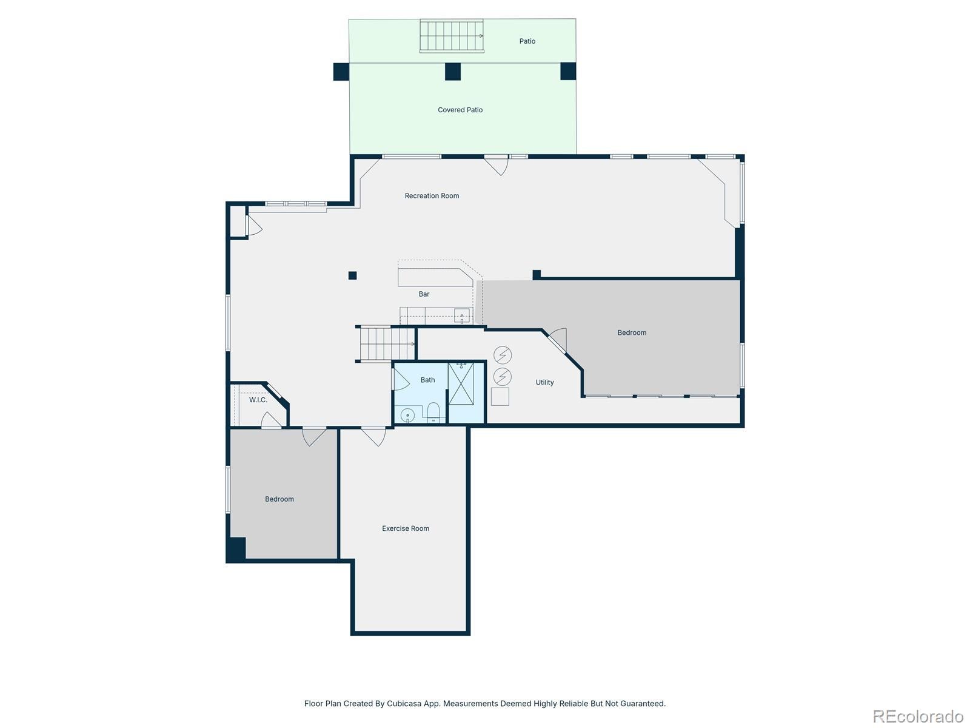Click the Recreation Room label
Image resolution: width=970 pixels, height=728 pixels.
pyautogui.click(x=431, y=195)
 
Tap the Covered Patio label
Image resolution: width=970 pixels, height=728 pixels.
pyautogui.click(x=460, y=110)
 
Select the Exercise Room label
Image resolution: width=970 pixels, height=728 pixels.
pyautogui.click(x=405, y=528)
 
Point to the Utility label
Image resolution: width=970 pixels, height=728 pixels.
pyautogui.click(x=544, y=382)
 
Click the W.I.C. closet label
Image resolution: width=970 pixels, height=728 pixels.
pyautogui.click(x=258, y=400)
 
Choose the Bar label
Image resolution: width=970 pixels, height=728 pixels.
pyautogui.click(x=424, y=294)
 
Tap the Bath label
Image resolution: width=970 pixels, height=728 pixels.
pyautogui.click(x=427, y=380)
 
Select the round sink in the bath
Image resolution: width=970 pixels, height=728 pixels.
pyautogui.click(x=407, y=415)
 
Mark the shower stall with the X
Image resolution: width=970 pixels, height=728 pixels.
pyautogui.click(x=461, y=383)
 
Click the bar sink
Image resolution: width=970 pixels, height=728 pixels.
pyautogui.click(x=462, y=316)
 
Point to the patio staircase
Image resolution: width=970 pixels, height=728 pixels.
pyautogui.click(x=451, y=36)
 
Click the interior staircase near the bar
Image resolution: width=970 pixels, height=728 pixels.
pyautogui.click(x=387, y=344)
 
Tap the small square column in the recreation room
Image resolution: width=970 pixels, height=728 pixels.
pyautogui.click(x=352, y=275)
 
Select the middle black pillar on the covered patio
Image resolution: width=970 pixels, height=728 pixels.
pyautogui.click(x=452, y=72)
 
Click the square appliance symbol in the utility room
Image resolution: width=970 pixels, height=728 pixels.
pyautogui.click(x=500, y=397)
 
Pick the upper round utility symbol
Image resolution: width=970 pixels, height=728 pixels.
pyautogui.click(x=502, y=354)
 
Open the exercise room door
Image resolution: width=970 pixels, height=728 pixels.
pyautogui.click(x=374, y=436)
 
